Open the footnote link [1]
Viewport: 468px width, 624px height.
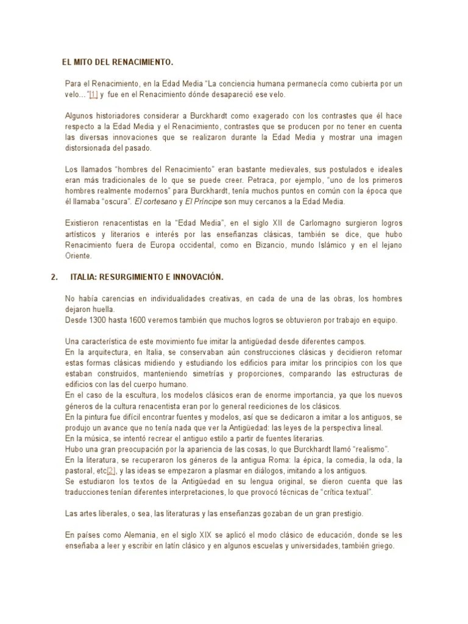93,95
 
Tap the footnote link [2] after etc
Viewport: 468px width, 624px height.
111,471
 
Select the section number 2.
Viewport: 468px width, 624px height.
54,277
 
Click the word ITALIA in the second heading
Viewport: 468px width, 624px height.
84,277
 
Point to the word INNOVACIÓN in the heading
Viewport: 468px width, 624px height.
199,277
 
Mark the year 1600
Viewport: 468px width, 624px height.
141,319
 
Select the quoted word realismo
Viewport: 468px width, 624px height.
369,450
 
